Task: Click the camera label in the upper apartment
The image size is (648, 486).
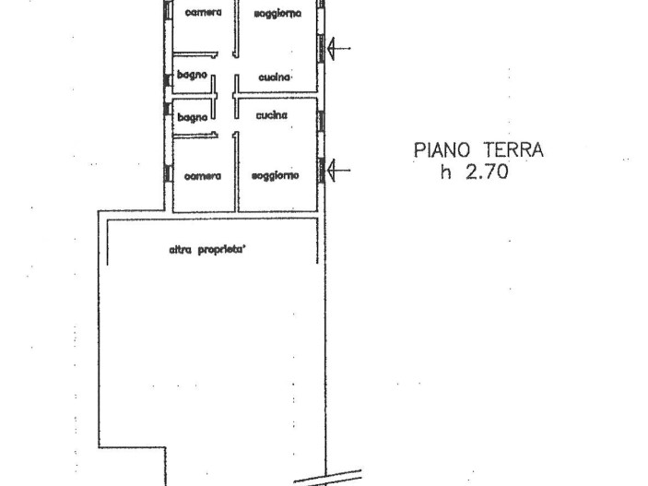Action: [203, 13]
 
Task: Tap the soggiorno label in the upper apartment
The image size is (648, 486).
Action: [277, 14]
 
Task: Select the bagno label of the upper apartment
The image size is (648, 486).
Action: [192, 76]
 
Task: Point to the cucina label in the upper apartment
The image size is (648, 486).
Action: [274, 77]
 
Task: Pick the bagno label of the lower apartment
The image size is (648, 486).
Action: [192, 117]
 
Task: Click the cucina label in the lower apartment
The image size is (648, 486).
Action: [272, 115]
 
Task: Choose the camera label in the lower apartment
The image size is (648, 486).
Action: [203, 177]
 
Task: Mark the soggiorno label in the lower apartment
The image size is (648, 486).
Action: [276, 176]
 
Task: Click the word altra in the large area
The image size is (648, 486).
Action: [180, 250]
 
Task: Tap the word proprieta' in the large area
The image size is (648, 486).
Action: [220, 250]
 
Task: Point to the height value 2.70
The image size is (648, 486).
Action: [487, 172]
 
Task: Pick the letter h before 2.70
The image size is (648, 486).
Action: [445, 172]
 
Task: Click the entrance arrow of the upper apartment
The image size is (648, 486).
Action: [339, 48]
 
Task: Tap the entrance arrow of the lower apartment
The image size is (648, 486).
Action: [339, 170]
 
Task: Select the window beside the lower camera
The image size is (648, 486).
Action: [168, 173]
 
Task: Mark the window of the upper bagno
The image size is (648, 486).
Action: [168, 80]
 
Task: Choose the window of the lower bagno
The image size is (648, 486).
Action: [168, 109]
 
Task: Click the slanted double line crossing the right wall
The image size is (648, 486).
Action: [328, 478]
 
